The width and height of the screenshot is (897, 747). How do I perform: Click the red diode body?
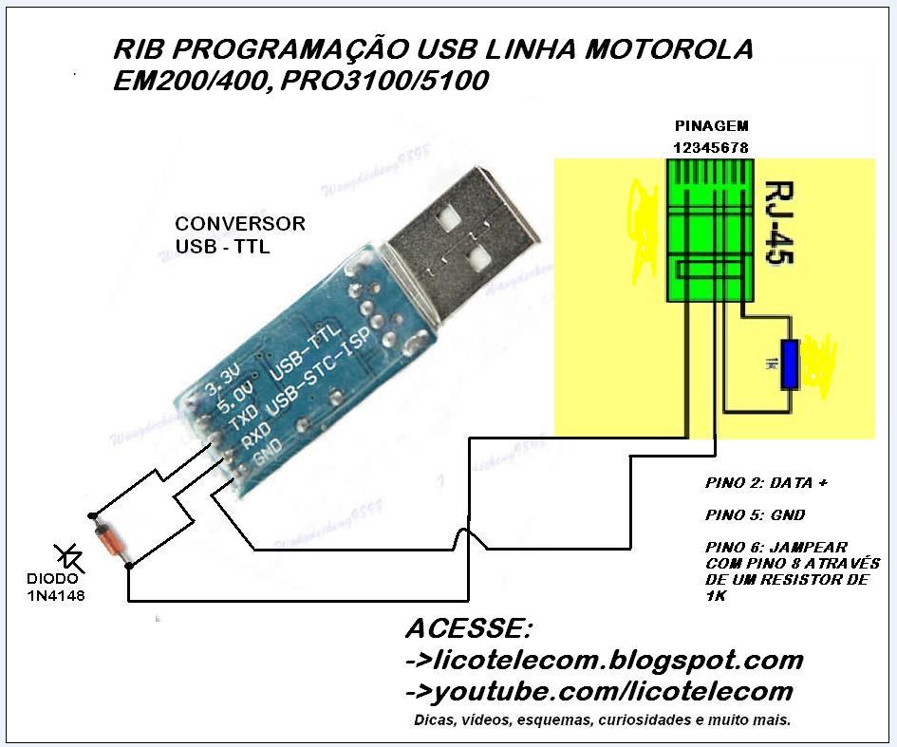110,540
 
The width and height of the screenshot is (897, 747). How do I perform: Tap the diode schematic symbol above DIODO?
69,557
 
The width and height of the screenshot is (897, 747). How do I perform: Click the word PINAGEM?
711,126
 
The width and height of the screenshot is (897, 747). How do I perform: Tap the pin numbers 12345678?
711,148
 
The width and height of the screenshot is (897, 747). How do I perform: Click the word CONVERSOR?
240,224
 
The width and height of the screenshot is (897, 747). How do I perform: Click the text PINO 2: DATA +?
767,483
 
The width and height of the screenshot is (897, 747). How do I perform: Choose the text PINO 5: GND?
756,515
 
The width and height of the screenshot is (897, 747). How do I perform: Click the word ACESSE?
469,629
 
